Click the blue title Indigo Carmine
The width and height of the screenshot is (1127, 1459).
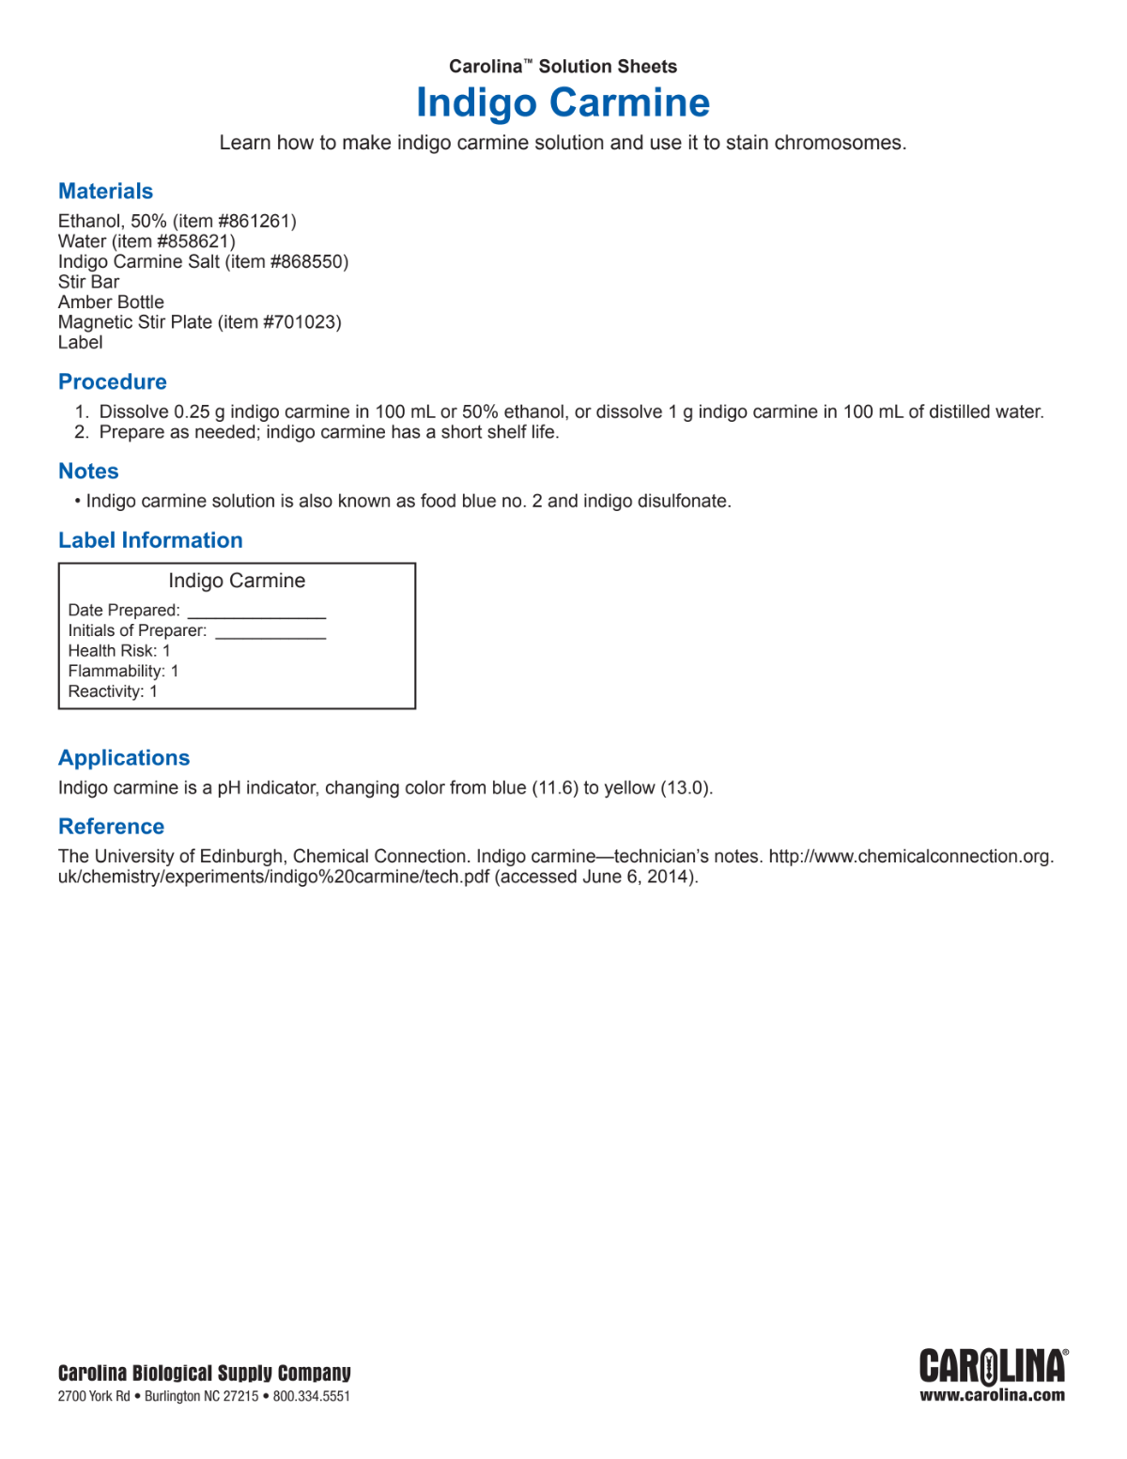(563, 102)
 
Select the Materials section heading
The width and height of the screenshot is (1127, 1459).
(105, 192)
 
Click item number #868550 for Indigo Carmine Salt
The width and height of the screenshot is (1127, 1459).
(308, 262)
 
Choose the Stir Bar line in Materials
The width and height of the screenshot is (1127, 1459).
(89, 282)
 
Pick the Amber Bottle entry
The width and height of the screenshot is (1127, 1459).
(111, 303)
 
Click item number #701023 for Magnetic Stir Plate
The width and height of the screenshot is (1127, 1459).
(301, 322)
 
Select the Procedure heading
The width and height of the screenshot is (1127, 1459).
(113, 382)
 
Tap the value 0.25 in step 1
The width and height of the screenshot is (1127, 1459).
(192, 412)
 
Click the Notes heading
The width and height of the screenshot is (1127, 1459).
(88, 472)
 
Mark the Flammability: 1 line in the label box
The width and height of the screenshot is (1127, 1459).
(123, 672)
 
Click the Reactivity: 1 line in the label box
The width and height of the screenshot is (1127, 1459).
(113, 692)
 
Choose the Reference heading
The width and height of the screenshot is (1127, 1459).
(111, 827)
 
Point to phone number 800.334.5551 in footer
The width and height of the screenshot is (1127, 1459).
(311, 1397)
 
